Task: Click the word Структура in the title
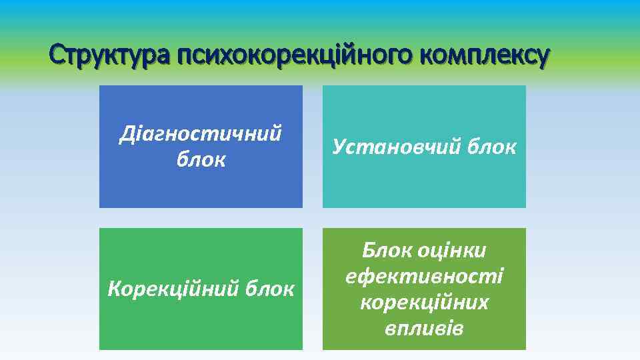click(x=110, y=56)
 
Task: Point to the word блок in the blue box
click(x=201, y=160)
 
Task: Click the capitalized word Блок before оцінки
click(x=387, y=251)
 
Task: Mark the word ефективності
click(x=424, y=277)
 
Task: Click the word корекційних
click(x=424, y=302)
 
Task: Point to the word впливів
click(x=424, y=328)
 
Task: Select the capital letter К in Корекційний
click(x=114, y=289)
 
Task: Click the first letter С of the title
click(x=57, y=56)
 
